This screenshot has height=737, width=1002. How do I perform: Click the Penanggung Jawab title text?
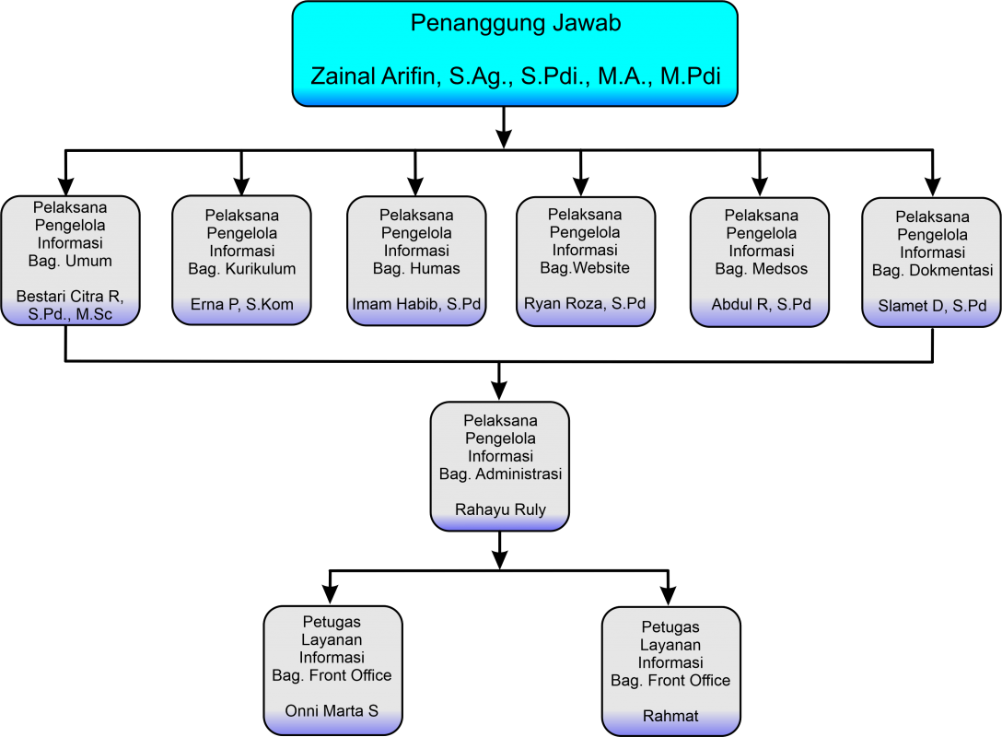(515, 23)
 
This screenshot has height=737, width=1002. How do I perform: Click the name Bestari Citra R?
(70, 297)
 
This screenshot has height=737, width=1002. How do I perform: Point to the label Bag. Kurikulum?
(241, 269)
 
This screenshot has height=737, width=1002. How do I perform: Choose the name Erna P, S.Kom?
(241, 304)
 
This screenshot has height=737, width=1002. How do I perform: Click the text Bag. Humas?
(416, 268)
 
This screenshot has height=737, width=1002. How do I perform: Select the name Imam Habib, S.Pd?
(416, 304)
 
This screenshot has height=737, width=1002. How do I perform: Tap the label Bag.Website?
(585, 267)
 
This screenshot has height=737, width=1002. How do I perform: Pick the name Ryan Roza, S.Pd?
(585, 303)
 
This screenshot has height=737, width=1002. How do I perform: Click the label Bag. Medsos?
(761, 269)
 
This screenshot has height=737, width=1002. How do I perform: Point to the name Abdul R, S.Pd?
(761, 304)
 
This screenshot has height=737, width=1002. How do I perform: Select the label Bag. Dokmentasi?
(932, 270)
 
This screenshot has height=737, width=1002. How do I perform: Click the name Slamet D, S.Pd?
(932, 306)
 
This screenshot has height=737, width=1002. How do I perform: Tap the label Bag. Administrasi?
(500, 474)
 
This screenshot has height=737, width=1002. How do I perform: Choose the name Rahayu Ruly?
(500, 509)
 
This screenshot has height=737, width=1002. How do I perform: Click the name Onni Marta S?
(332, 711)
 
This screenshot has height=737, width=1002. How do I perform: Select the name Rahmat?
(670, 716)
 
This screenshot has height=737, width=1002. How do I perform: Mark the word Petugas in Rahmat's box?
(670, 627)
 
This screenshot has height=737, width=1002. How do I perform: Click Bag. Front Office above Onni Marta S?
(332, 675)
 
